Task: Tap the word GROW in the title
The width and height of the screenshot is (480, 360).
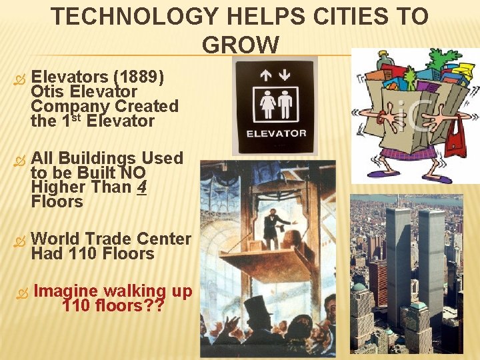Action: pyautogui.click(x=241, y=45)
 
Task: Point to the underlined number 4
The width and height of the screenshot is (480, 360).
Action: pyautogui.click(x=141, y=187)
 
